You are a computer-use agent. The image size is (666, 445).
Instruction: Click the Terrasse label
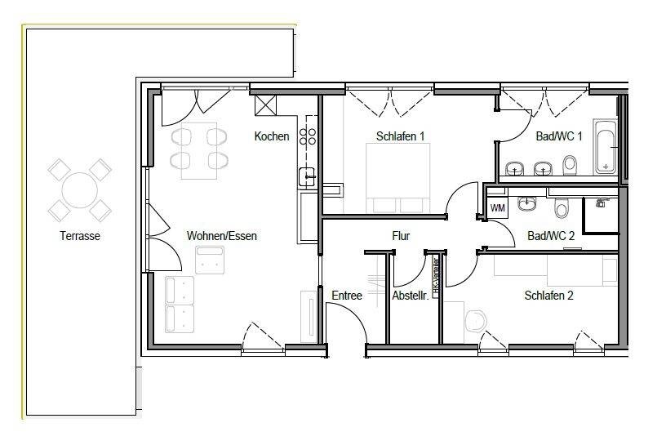[x=79, y=236]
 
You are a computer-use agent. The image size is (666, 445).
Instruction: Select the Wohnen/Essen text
[x=221, y=236]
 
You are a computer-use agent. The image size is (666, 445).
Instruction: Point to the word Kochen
[x=271, y=136]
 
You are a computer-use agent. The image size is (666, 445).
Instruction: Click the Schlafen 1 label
[x=400, y=136]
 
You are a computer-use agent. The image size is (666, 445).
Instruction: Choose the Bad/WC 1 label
[x=558, y=136]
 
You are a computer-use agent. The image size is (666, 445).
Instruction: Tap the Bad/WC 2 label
[x=551, y=236]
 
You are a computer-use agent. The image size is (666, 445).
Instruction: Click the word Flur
[x=400, y=236]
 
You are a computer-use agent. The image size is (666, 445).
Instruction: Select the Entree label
[x=346, y=296]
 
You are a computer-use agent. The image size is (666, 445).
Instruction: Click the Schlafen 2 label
[x=548, y=296]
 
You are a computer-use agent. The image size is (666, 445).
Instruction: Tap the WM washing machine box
[x=497, y=208]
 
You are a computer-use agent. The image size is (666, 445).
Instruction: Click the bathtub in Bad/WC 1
[x=605, y=147]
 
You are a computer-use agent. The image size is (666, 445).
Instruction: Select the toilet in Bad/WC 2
[x=560, y=210]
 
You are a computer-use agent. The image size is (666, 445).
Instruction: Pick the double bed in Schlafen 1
[x=395, y=183]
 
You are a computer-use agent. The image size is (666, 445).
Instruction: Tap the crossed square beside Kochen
[x=267, y=107]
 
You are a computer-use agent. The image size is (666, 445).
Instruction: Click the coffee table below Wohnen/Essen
[x=211, y=261]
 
